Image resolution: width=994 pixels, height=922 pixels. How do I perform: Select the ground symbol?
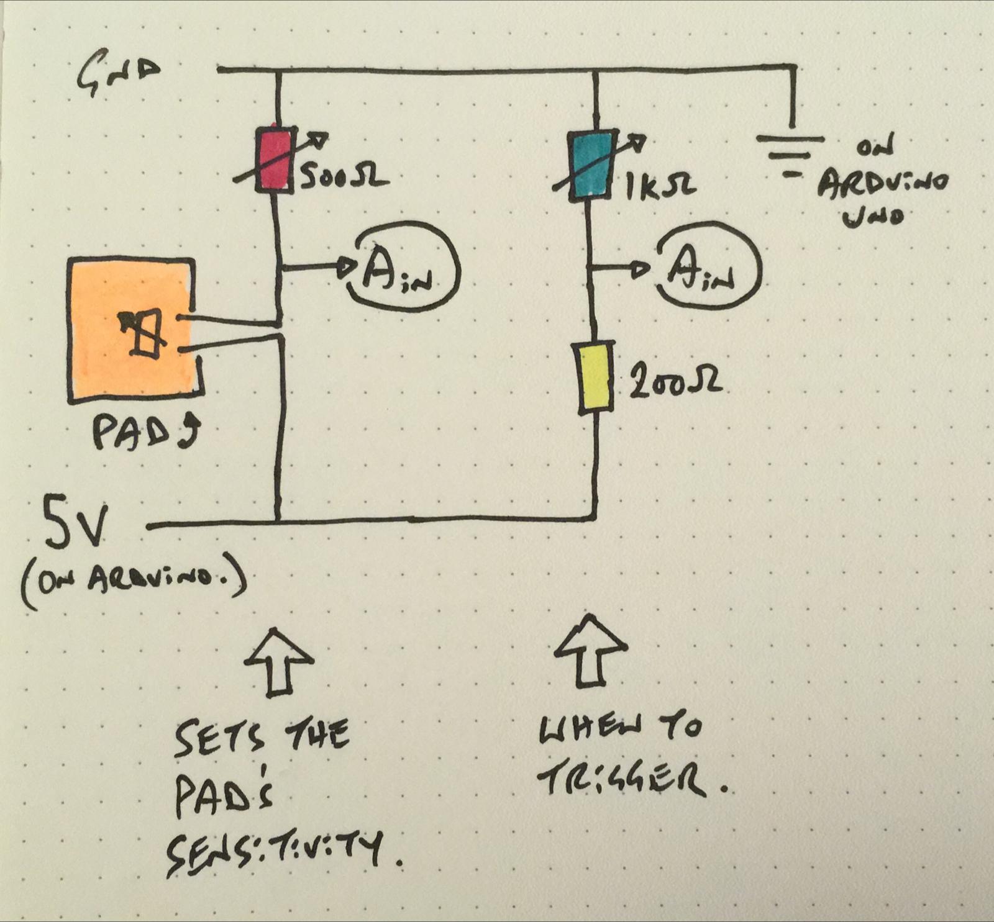790,152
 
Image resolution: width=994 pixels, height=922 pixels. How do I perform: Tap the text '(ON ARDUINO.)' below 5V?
133,584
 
